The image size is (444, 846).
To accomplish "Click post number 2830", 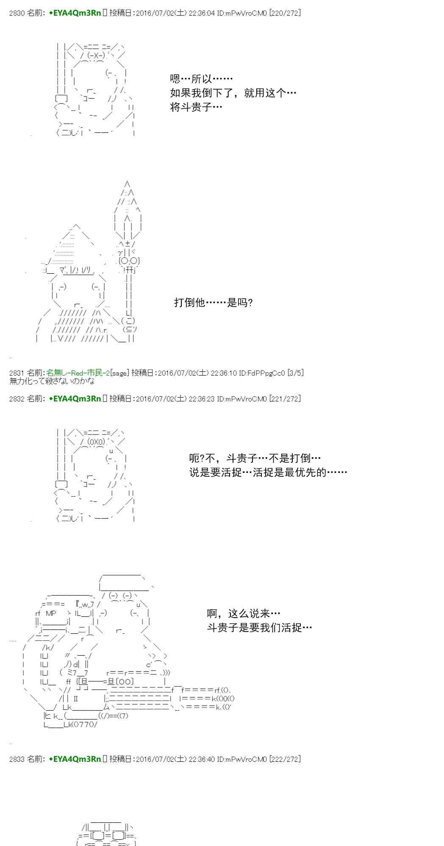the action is pos(17,13).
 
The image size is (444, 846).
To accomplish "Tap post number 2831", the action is pos(17,373).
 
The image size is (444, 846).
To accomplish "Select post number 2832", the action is pos(17,398).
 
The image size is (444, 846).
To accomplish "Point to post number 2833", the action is pos(17,759).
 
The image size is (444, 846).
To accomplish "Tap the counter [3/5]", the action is pos(295,373).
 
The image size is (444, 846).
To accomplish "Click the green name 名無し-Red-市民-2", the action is pos(78,373).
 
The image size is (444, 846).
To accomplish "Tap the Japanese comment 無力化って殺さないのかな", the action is pos(52,381).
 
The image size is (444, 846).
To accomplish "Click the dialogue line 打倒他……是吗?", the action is pos(214,302).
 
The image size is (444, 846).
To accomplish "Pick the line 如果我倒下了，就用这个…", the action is pos(233,93).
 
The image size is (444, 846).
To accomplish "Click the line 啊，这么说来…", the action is pos(244,613).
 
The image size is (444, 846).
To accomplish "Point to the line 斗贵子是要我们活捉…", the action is pos(259,628).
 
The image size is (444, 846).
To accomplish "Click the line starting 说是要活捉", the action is pos(268,472).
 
